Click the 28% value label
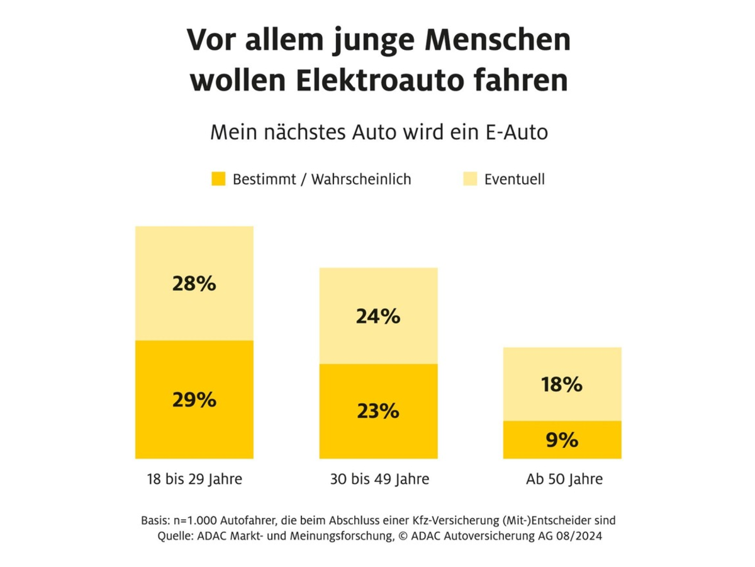[194, 284]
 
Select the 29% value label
[194, 399]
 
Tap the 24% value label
[377, 316]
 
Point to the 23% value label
[377, 411]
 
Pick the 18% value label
[562, 384]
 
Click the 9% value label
[562, 440]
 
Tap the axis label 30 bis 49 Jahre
[379, 479]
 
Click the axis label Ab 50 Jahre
[564, 479]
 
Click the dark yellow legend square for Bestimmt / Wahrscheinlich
[218, 179]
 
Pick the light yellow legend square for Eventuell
[470, 179]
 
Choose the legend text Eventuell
[515, 179]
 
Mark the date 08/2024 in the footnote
[579, 536]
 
